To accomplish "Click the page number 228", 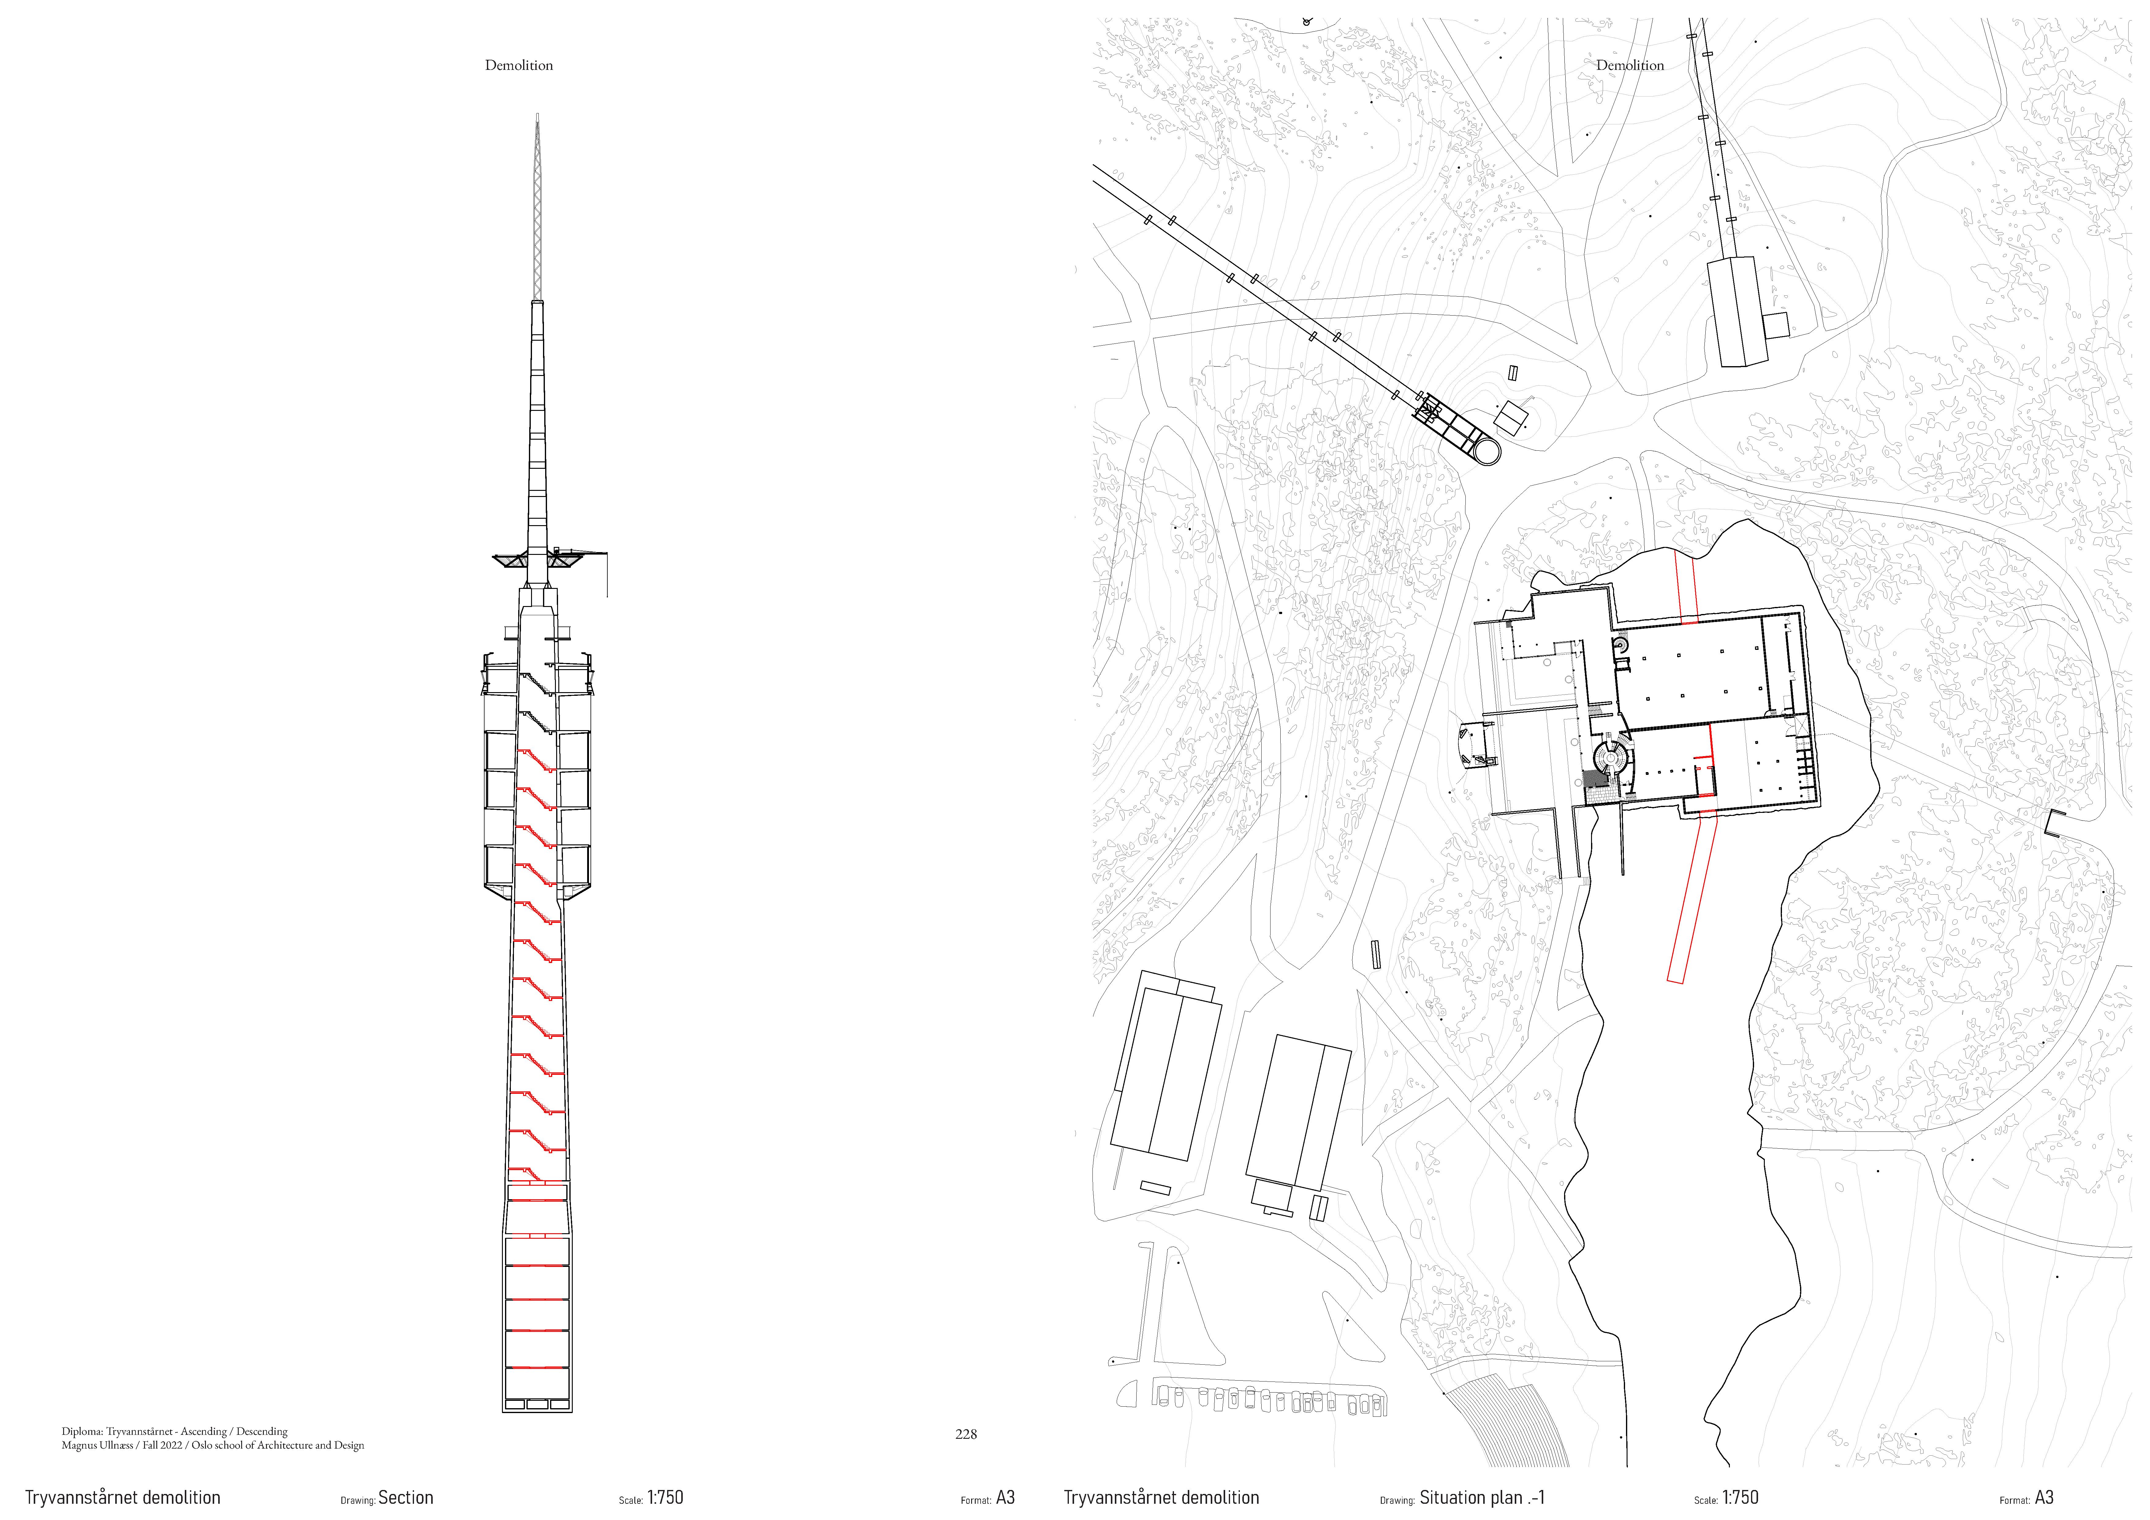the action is click(965, 1434).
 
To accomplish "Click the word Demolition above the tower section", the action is click(519, 66).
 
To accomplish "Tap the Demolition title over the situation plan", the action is click(1629, 66).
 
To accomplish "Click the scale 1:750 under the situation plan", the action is click(1740, 1498).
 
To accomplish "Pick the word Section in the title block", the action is click(405, 1498).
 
